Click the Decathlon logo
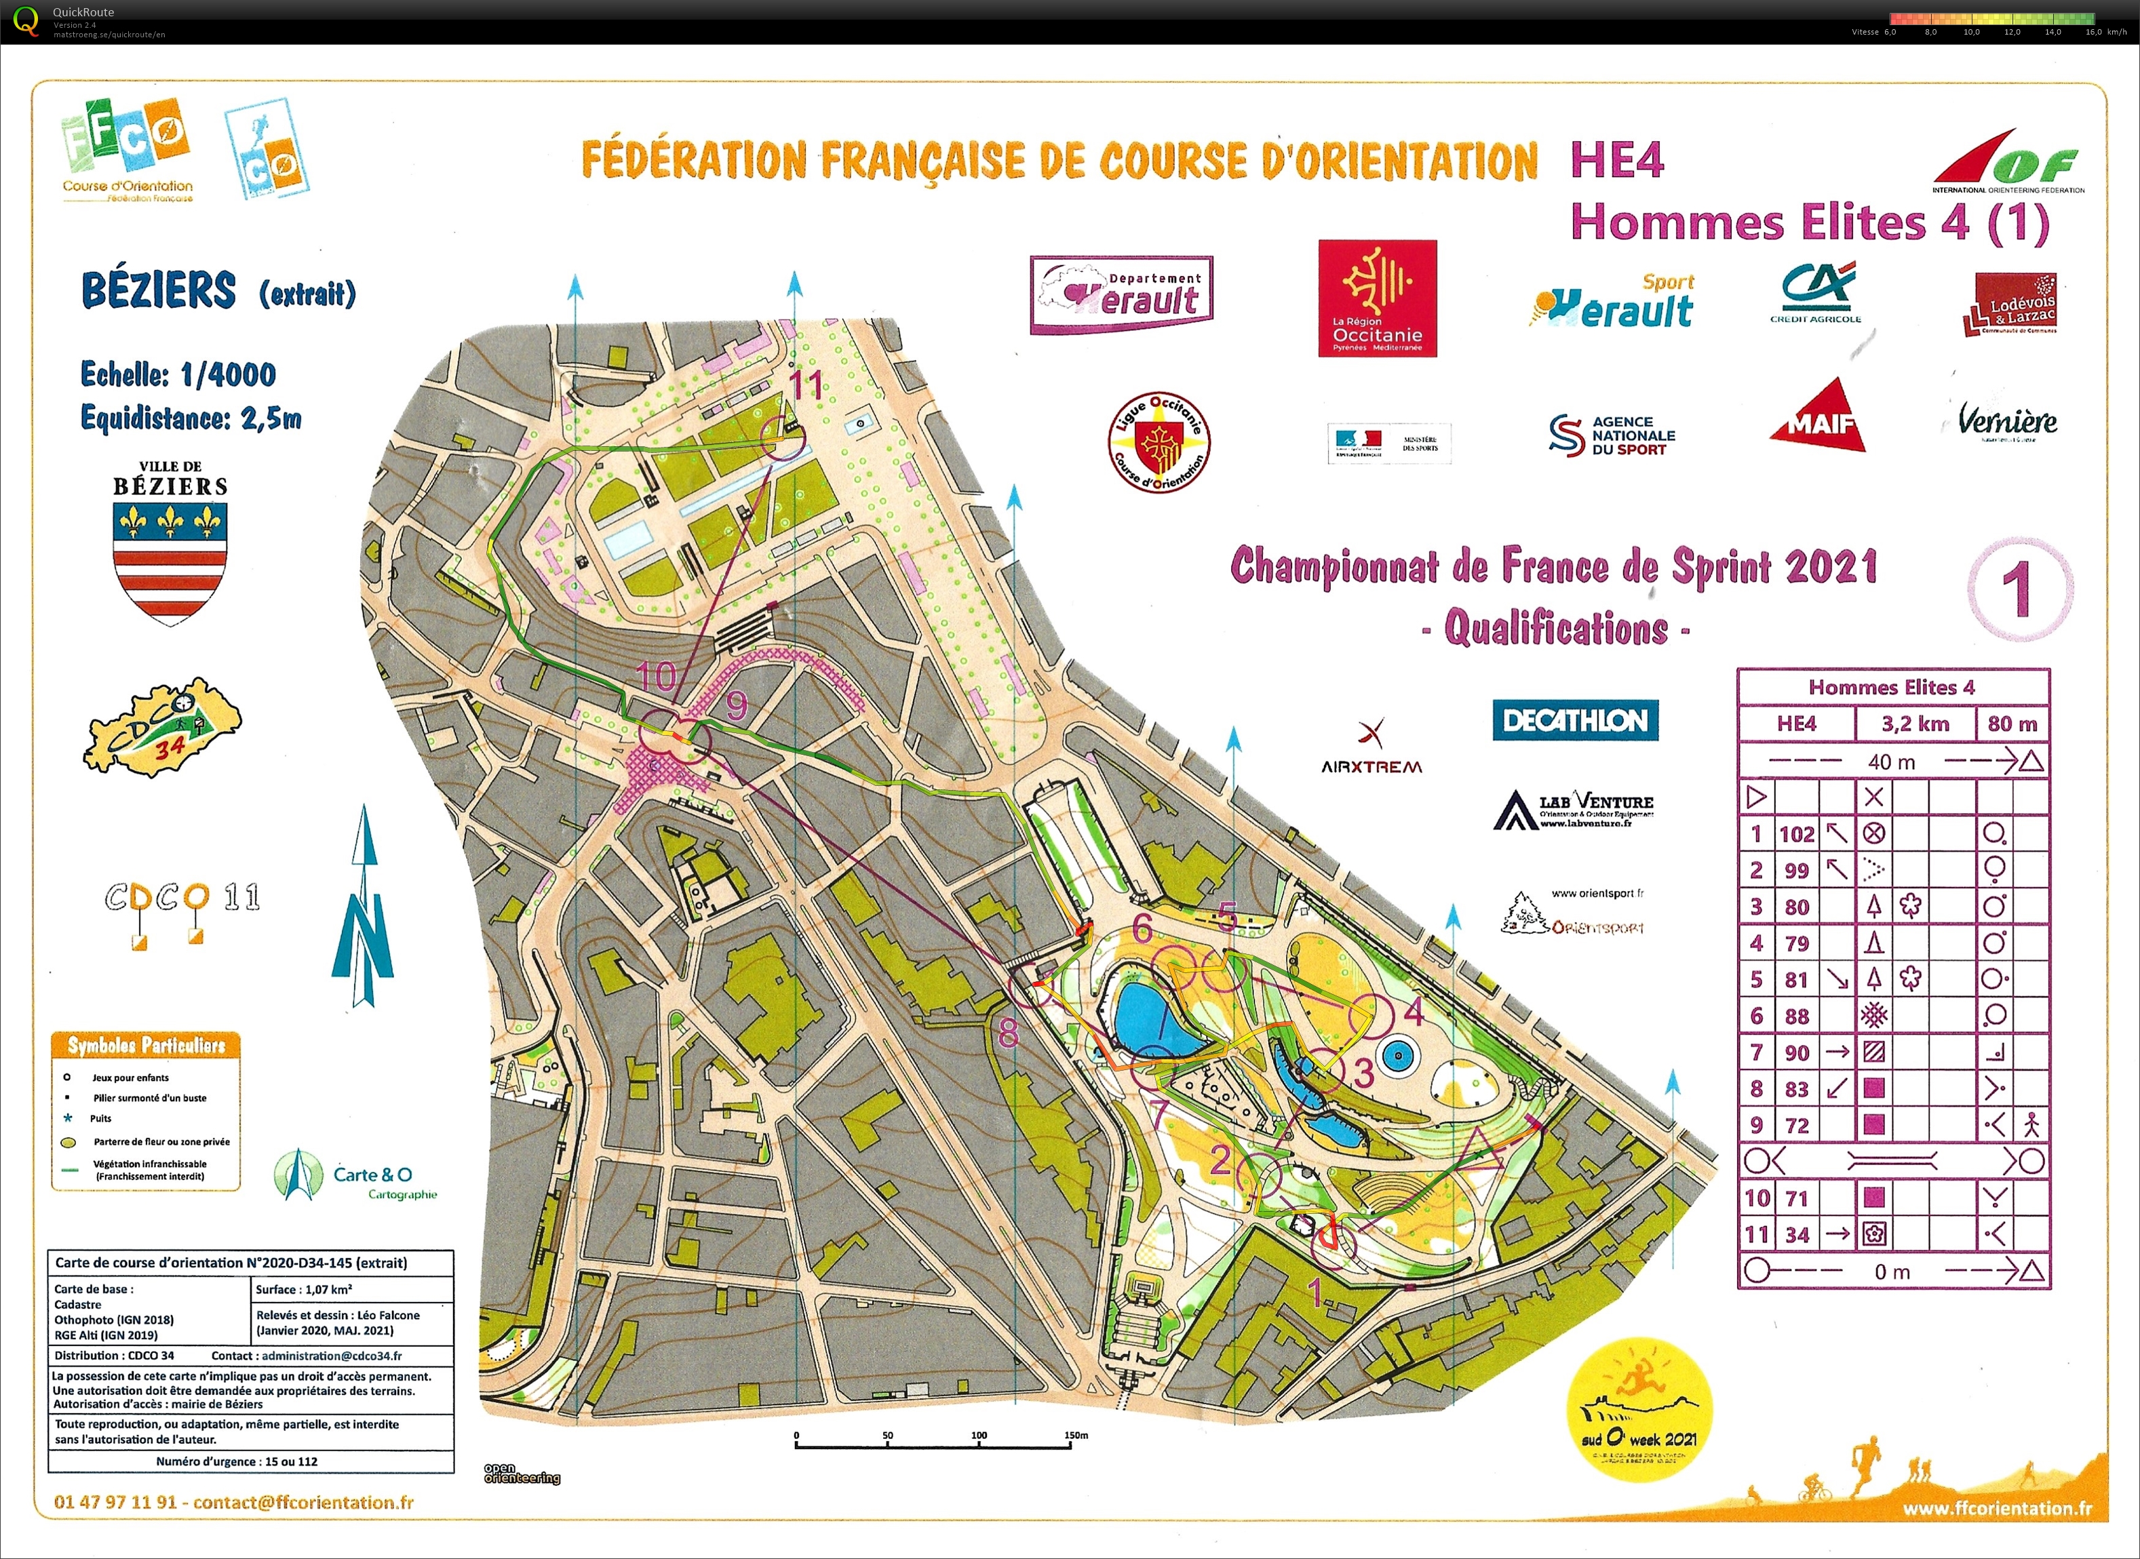coord(1574,720)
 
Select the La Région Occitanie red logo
coord(1378,298)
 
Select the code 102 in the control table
coord(1796,834)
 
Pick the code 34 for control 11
coord(1796,1234)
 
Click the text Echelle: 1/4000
coord(178,374)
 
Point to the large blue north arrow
coord(364,906)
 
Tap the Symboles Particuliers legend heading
coord(147,1045)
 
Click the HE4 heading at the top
coord(1616,159)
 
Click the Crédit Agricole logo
coord(1815,292)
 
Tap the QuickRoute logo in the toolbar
coord(26,21)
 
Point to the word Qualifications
coord(1556,629)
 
